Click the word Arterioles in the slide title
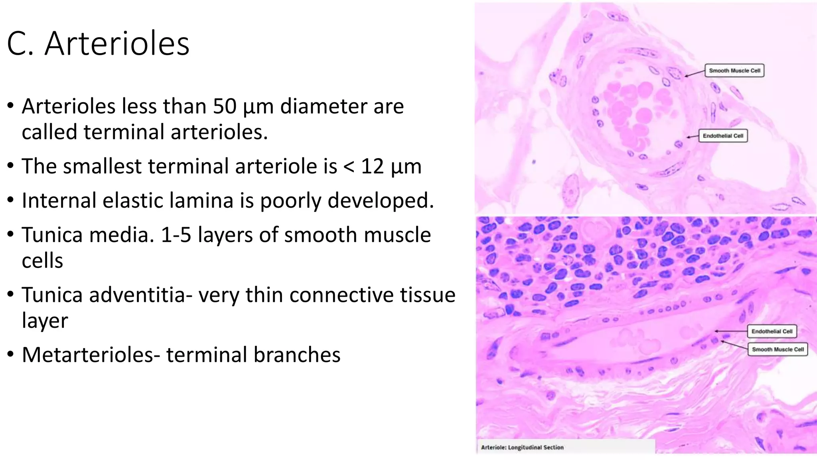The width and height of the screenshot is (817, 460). pos(117,44)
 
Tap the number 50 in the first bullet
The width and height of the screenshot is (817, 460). pos(225,107)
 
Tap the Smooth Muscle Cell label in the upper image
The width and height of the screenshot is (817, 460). pos(734,71)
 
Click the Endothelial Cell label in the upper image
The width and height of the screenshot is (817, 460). pos(723,136)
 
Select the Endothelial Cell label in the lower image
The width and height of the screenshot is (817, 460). pos(772,331)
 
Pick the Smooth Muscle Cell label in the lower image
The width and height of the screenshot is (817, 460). pos(778,349)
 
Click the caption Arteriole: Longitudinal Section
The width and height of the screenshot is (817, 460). pos(522,447)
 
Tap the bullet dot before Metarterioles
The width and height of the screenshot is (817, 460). pos(11,355)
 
